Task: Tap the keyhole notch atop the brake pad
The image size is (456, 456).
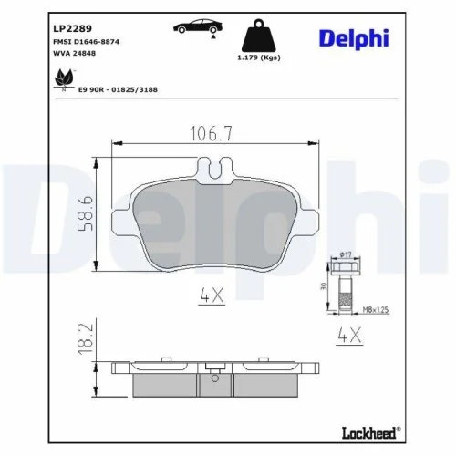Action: [x=215, y=168]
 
